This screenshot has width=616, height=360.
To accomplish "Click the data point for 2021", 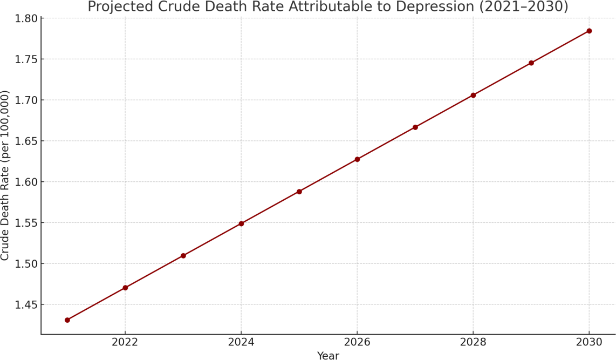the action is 67,320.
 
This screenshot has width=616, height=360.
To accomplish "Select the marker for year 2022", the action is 125,288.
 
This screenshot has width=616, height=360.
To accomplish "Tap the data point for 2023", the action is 183,255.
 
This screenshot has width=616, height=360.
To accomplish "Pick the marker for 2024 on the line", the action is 241,223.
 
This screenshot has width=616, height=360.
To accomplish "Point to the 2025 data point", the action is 299,192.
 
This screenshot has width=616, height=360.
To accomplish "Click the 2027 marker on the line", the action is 415,127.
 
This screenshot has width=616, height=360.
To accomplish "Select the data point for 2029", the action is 531,63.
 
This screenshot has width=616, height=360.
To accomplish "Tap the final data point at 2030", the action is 589,31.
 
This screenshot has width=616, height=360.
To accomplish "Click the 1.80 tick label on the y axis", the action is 26,18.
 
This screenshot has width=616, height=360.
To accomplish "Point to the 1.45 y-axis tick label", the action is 26,304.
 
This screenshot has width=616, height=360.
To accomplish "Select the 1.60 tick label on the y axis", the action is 26,182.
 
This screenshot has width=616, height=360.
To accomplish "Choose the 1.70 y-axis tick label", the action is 26,100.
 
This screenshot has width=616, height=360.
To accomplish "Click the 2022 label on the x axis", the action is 125,342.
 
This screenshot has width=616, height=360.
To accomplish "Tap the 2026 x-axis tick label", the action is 357,342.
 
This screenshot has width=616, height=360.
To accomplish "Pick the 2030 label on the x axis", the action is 589,342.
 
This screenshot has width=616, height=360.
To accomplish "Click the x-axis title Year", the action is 328,355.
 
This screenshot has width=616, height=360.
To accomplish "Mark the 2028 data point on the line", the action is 474,95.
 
